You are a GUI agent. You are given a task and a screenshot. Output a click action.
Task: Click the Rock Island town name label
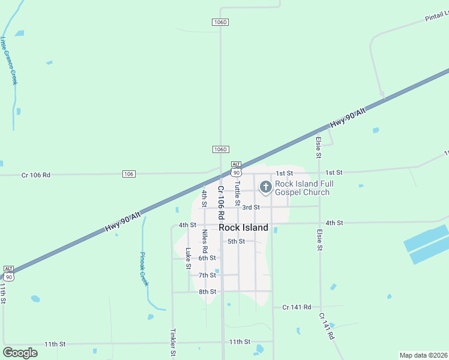[x=243, y=228]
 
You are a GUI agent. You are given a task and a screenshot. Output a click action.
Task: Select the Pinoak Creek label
[x=144, y=269]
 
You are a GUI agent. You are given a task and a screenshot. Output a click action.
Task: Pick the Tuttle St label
[x=238, y=193]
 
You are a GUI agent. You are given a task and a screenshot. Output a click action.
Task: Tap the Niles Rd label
[x=205, y=241]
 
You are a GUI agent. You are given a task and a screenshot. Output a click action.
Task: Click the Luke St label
[x=188, y=258]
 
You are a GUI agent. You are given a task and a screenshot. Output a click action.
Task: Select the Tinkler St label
[x=173, y=342]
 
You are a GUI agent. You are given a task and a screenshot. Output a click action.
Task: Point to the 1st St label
[x=334, y=172]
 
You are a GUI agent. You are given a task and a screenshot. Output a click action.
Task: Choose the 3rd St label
[x=251, y=208]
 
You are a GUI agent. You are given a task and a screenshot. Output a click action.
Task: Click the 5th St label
[x=237, y=242]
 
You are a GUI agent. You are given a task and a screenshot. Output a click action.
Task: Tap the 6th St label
[x=207, y=258]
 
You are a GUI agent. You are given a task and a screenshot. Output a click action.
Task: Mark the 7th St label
[x=207, y=275]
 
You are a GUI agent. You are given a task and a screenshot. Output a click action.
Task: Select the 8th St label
[x=207, y=292]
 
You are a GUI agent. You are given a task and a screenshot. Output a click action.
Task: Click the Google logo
[x=20, y=353]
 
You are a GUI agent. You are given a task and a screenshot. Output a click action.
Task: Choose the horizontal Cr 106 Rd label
[x=36, y=175]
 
